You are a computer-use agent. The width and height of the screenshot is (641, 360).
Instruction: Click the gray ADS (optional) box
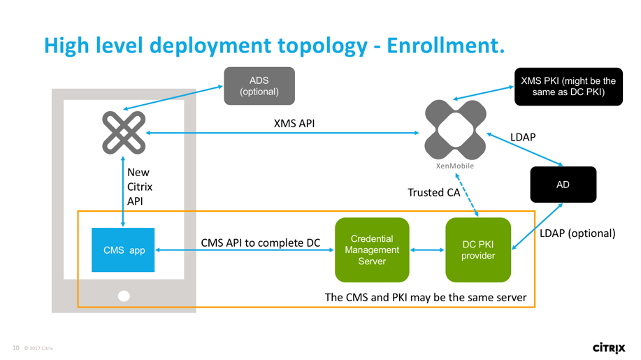pyautogui.click(x=259, y=86)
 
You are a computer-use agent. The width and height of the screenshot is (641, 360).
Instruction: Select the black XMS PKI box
pyautogui.click(x=568, y=87)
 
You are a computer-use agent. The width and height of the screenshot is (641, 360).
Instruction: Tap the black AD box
pyautogui.click(x=563, y=185)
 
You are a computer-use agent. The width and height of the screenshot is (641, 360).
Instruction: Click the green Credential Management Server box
pyautogui.click(x=371, y=250)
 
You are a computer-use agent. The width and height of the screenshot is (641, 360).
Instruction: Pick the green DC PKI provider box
pyautogui.click(x=478, y=250)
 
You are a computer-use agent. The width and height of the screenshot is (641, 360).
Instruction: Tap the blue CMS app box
pyautogui.click(x=123, y=250)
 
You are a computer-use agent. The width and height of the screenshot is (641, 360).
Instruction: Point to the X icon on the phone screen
pyautogui.click(x=124, y=132)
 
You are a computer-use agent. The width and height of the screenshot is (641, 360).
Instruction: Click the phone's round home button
pyautogui.click(x=124, y=296)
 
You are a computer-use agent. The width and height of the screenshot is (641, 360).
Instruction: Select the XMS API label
pyautogui.click(x=294, y=124)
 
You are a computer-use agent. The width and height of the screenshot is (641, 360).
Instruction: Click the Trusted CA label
pyautogui.click(x=434, y=192)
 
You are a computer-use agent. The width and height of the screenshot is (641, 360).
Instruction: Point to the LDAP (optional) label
pyautogui.click(x=577, y=233)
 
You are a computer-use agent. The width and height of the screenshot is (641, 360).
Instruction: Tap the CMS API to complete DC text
pyautogui.click(x=260, y=243)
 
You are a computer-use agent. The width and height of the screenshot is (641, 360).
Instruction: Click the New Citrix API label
pyautogui.click(x=140, y=187)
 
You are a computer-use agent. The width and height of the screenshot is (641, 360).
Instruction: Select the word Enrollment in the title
pyautogui.click(x=445, y=45)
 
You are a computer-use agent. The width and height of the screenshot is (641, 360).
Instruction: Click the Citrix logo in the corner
pyautogui.click(x=608, y=347)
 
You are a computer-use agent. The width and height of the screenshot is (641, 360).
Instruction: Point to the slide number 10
pyautogui.click(x=15, y=348)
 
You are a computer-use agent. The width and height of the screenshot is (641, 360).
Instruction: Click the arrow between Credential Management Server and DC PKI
pyautogui.click(x=427, y=250)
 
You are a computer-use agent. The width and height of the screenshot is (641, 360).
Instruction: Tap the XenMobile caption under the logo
pyautogui.click(x=455, y=166)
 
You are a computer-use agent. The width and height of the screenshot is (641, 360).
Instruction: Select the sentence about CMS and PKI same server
pyautogui.click(x=425, y=297)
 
